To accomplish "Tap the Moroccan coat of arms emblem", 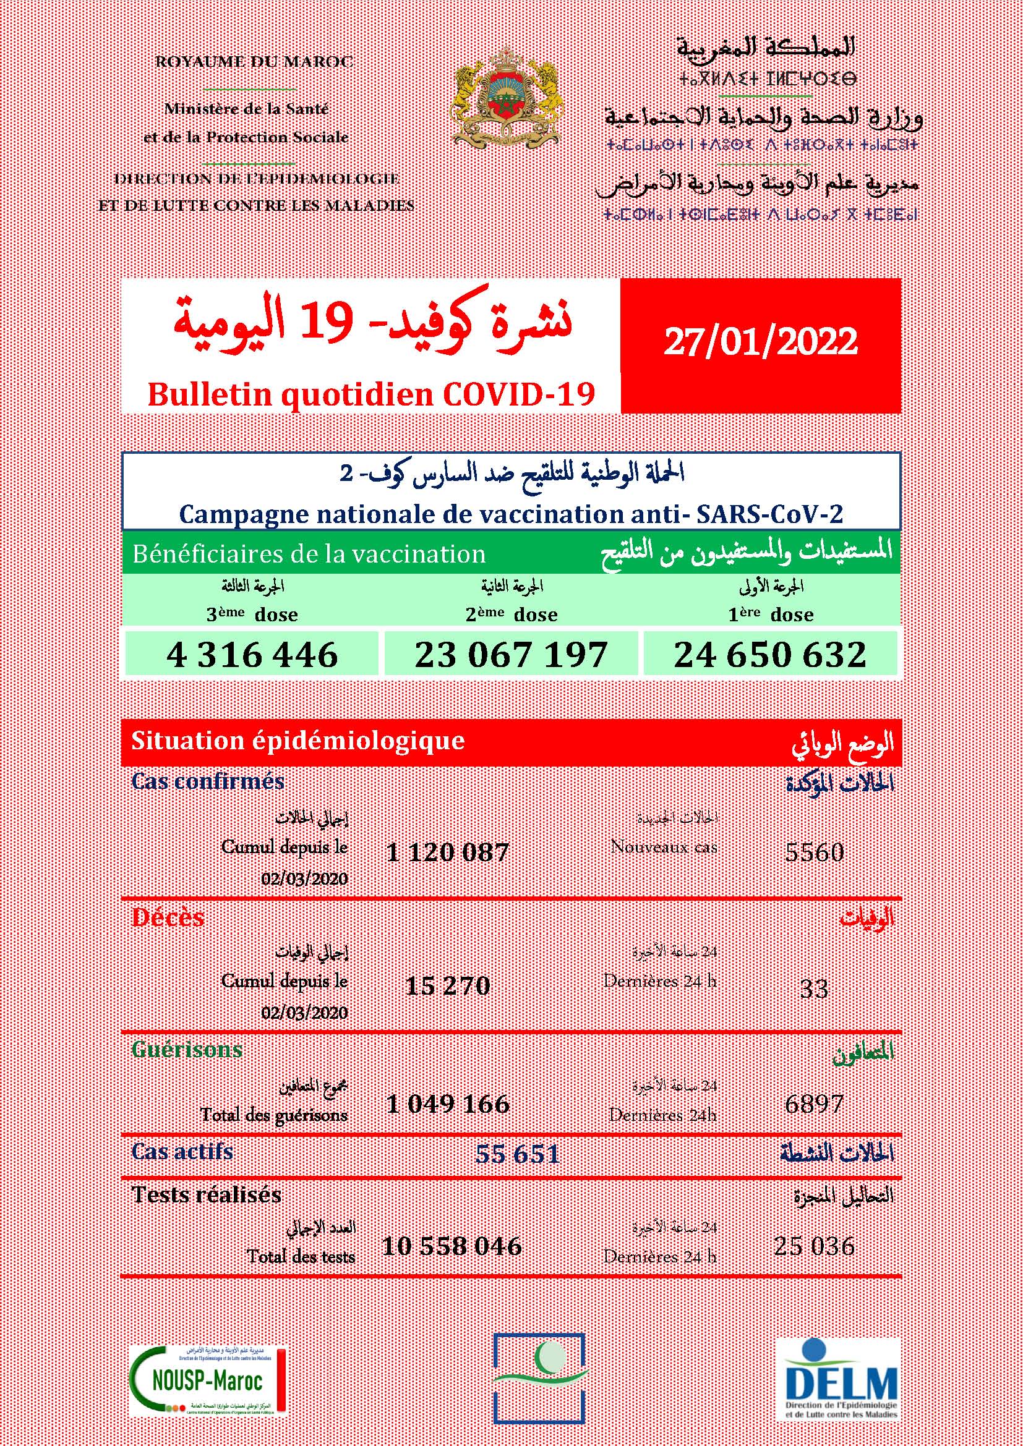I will pos(507,96).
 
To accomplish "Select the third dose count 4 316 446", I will pos(252,654).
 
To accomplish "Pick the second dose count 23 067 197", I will pos(511,654).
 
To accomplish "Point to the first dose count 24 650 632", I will pos(770,654).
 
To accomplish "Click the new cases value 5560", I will pos(815,852).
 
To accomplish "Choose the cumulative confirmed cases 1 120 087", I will pos(448,853).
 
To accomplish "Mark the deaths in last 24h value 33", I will pos(813,989).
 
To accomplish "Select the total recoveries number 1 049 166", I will pos(448,1104).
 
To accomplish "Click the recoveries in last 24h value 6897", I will pos(815,1104).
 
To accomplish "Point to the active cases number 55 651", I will pos(517,1154).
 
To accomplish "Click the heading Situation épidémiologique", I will pos(298,741).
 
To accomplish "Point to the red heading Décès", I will pos(168,917).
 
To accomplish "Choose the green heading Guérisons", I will pos(187,1049).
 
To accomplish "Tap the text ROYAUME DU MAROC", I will pos(254,62).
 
